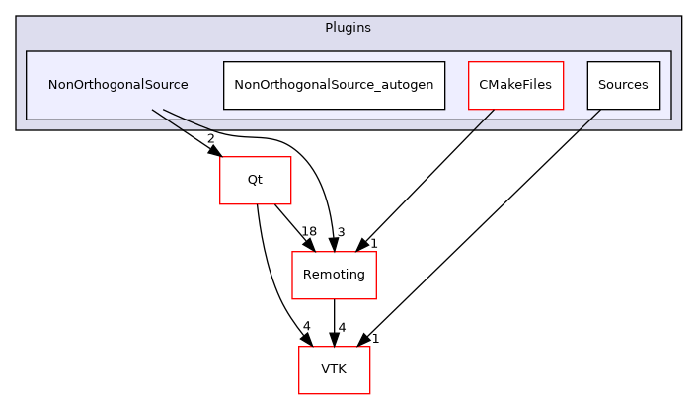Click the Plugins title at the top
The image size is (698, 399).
348,27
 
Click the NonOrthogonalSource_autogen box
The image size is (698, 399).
334,85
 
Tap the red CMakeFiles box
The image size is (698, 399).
515,85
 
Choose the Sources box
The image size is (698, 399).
623,85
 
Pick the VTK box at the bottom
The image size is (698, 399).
334,370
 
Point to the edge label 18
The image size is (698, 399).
308,231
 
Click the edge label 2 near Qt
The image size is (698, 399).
210,137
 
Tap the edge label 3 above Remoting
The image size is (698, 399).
340,232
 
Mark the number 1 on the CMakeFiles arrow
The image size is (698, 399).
374,243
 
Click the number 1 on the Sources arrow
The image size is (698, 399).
375,338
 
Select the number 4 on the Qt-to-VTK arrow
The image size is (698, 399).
307,327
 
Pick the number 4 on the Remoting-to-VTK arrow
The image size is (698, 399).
341,327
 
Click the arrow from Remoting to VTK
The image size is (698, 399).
334,321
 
